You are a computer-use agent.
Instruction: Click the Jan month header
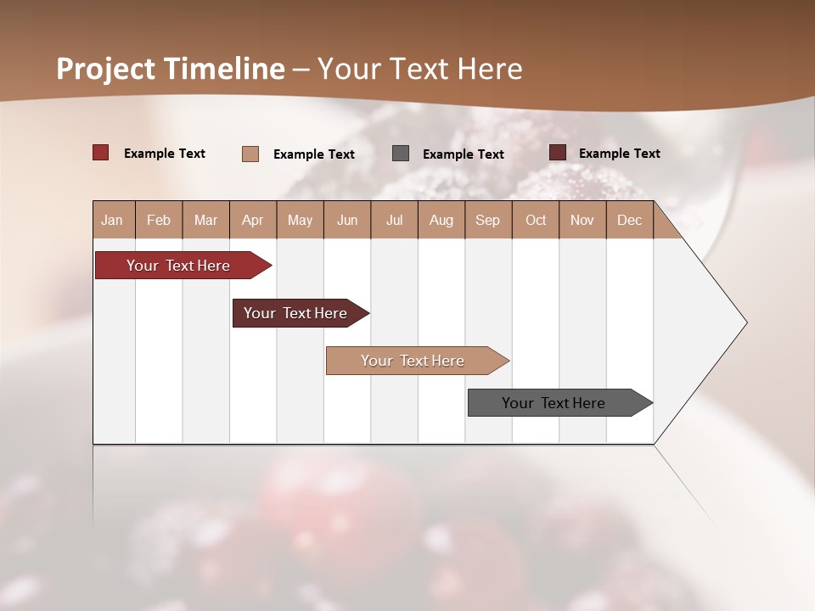tap(112, 220)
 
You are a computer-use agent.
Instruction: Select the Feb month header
tap(159, 220)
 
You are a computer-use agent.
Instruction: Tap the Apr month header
tap(252, 220)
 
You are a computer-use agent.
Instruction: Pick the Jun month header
tap(347, 220)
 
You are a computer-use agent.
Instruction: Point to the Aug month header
tap(441, 220)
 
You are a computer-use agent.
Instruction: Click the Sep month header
tap(487, 220)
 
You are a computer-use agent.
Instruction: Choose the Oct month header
tap(536, 220)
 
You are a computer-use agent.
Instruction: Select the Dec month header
tap(629, 220)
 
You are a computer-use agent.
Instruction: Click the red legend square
tap(101, 153)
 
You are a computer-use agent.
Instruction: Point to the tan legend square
tap(250, 154)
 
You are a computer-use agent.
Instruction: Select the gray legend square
tap(401, 154)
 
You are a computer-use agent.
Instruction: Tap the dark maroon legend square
tap(558, 153)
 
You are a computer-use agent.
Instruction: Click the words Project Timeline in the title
tap(171, 69)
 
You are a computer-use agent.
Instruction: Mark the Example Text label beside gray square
tap(463, 154)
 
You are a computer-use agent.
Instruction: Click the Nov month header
tap(582, 220)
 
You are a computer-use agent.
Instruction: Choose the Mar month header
tap(205, 220)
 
